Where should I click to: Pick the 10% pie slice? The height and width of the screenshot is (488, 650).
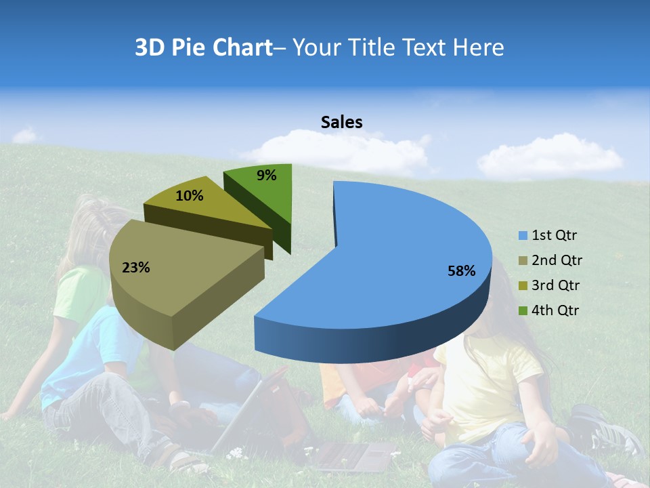203,207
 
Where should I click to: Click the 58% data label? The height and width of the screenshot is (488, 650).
461,271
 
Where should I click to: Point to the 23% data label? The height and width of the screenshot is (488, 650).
135,268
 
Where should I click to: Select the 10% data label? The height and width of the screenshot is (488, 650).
189,196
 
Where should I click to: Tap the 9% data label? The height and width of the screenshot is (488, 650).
267,176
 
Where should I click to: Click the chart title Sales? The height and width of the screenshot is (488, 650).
341,122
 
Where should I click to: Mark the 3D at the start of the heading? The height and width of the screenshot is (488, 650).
150,47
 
